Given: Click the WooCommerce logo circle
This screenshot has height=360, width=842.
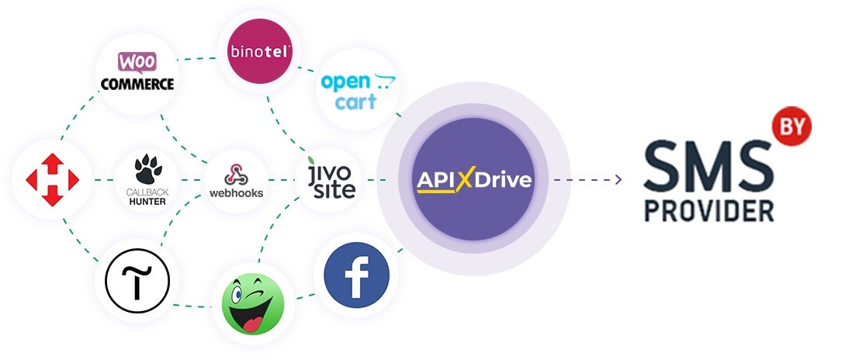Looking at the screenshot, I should (134, 71).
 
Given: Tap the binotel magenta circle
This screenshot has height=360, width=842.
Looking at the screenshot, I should (258, 52).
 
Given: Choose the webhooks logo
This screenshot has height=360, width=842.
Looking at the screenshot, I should (236, 181).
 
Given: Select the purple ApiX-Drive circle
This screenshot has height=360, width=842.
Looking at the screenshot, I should (474, 181).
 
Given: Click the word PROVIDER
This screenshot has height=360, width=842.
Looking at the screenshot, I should (709, 209).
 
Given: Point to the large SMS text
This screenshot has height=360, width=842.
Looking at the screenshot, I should (706, 166).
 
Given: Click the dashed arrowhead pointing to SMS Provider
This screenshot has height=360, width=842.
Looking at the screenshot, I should (618, 181).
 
